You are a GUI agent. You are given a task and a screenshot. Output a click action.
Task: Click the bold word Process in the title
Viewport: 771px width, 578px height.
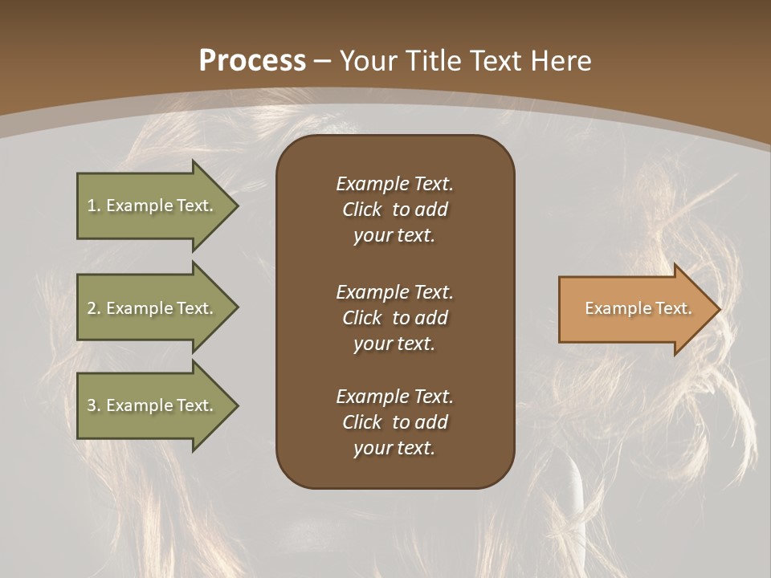click(x=252, y=61)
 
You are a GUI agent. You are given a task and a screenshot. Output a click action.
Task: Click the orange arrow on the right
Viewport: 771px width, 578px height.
click(x=634, y=309)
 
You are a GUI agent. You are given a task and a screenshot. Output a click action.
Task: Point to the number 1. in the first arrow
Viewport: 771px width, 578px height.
click(x=94, y=206)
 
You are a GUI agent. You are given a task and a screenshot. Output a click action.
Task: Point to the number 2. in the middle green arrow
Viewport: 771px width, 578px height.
click(x=94, y=308)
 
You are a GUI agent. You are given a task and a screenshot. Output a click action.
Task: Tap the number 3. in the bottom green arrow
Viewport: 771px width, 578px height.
click(x=94, y=405)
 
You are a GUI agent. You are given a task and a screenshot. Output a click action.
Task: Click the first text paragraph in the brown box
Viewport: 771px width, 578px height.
click(x=394, y=210)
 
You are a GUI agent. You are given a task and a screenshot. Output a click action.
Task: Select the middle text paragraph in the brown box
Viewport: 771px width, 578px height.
click(x=394, y=318)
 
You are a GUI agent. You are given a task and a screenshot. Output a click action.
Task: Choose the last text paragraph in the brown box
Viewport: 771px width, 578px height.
click(x=394, y=422)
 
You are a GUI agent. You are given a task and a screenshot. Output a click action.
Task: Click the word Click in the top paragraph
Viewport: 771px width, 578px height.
click(x=361, y=210)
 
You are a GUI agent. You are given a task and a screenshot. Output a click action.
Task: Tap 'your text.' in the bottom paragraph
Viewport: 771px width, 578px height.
click(x=394, y=448)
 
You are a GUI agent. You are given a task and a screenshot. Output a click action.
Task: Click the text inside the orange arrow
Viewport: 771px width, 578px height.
click(x=638, y=308)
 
